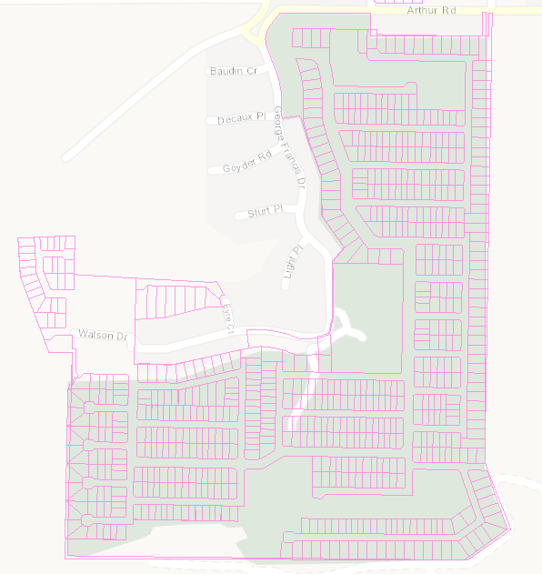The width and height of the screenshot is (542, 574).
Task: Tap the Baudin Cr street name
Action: pyautogui.click(x=234, y=71)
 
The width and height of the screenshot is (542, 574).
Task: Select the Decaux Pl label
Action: pyautogui.click(x=241, y=118)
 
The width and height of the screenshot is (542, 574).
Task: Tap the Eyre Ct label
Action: pyautogui.click(x=229, y=315)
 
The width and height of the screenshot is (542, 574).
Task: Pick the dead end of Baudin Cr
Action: pyautogui.click(x=207, y=71)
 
